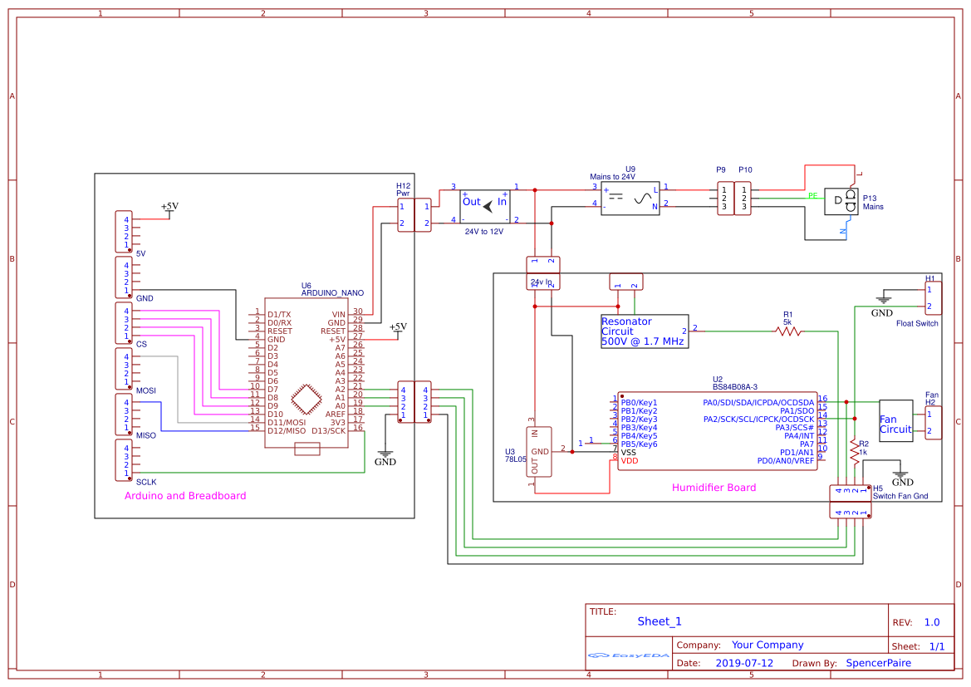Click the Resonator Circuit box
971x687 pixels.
(x=645, y=331)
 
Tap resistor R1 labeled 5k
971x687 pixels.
(x=787, y=331)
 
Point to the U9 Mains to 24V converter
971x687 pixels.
(x=630, y=199)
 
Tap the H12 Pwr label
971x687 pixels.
(x=403, y=189)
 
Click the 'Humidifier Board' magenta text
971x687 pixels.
(x=714, y=488)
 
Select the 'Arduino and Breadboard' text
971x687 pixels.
(x=185, y=496)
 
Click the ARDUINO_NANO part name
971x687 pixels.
(x=332, y=292)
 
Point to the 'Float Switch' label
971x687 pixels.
(x=917, y=323)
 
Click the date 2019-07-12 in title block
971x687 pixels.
(x=743, y=663)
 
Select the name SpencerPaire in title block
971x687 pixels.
(x=878, y=663)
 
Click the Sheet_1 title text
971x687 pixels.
(x=660, y=621)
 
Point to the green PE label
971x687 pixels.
(x=812, y=196)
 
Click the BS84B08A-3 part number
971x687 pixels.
(x=735, y=386)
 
